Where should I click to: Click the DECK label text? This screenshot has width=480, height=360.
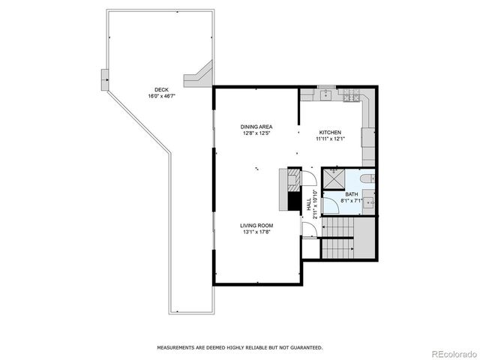157,89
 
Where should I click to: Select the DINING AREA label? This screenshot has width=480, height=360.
255,126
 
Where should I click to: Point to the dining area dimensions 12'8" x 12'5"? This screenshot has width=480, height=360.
255,133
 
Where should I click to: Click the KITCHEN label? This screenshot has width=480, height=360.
330,132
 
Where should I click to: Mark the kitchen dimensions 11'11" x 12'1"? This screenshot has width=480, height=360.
330,139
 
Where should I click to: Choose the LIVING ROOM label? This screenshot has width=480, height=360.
256,226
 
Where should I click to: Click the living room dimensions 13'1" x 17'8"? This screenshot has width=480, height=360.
256,232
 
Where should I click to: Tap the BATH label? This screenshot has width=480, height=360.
352,194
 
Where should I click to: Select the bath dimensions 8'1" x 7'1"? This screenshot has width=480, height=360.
352,201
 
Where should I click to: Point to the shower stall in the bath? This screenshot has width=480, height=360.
334,180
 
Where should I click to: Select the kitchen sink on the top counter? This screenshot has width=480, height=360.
327,95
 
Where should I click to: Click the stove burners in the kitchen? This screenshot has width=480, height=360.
350,95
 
